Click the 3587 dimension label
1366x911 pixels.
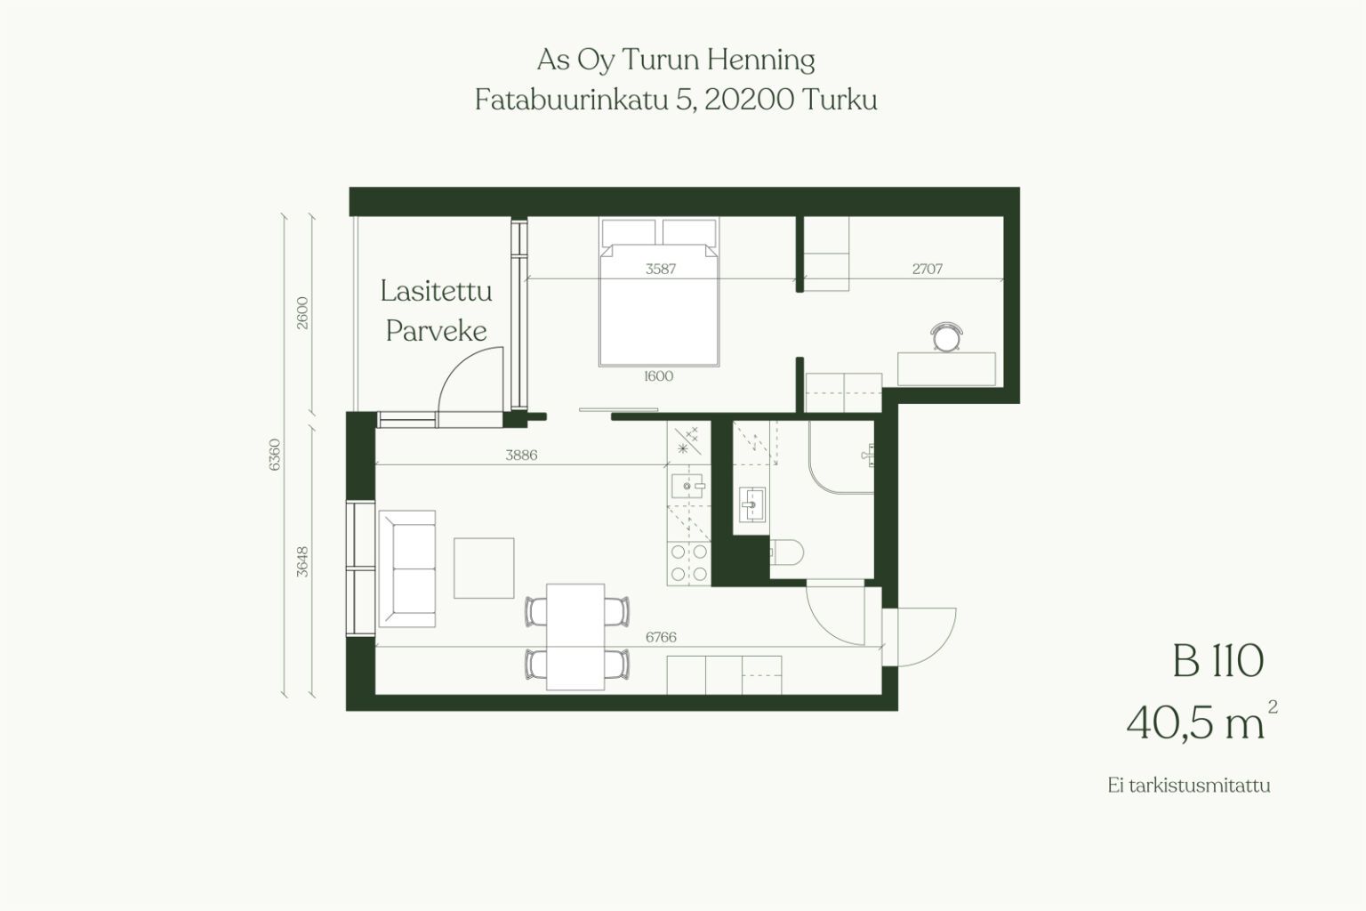pos(661,269)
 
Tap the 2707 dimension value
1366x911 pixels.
pos(927,269)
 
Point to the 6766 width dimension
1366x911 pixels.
pos(661,637)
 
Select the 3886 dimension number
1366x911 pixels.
pos(521,455)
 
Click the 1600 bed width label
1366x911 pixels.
pos(659,375)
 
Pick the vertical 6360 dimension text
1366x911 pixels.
pos(275,455)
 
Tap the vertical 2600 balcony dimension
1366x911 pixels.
pos(302,313)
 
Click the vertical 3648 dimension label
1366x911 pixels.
pos(302,561)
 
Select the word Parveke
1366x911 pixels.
pos(436,331)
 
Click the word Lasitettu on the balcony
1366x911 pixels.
pos(436,290)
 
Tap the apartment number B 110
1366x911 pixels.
pos(1218,661)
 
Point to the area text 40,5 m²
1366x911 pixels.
pos(1201,722)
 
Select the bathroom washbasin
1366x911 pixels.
pos(751,504)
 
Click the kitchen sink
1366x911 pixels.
pos(688,487)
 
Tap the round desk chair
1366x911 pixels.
pos(946,337)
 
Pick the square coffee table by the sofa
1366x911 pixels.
pos(484,568)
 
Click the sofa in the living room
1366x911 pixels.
pos(407,568)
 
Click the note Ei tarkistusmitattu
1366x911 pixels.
pos(1188,786)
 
